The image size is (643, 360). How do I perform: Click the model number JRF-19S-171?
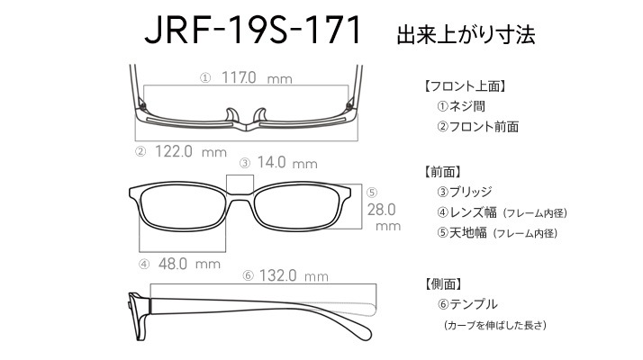[x=253, y=30]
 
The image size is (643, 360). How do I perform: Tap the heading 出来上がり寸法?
[x=466, y=34]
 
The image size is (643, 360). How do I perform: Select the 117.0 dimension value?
[x=239, y=77]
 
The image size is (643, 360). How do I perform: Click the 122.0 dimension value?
[x=174, y=151]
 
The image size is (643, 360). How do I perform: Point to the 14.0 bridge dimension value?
[x=271, y=162]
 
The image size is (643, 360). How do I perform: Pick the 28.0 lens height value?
[x=381, y=210]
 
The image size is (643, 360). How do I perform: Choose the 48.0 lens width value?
[x=173, y=264]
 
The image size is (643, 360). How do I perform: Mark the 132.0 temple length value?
[x=277, y=275]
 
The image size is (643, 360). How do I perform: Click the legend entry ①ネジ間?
[x=461, y=106]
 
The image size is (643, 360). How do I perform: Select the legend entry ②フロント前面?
[x=477, y=126]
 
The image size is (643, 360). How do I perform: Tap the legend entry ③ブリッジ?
[x=464, y=192]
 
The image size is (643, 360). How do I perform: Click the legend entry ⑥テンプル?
[x=467, y=304]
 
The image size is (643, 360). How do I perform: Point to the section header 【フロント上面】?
[x=464, y=86]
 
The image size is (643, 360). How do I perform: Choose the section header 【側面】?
[x=443, y=283]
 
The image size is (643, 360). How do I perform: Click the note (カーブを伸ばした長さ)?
[x=495, y=325]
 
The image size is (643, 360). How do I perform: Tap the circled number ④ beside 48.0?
[x=144, y=265]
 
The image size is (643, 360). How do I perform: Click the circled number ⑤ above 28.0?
[x=372, y=193]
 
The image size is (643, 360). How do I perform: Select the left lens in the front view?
[x=183, y=206]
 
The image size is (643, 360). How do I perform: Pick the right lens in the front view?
[x=297, y=206]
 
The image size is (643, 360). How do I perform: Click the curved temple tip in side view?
[x=363, y=330]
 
